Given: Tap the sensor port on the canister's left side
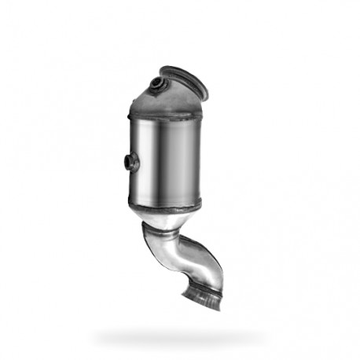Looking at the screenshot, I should pos(131,162).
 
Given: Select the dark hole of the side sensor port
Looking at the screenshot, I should pos(130,162).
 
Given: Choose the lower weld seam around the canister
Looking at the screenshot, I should pos(164,206).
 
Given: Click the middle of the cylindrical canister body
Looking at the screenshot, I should pos(164,161).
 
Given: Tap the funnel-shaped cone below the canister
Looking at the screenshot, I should pos(167,219).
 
